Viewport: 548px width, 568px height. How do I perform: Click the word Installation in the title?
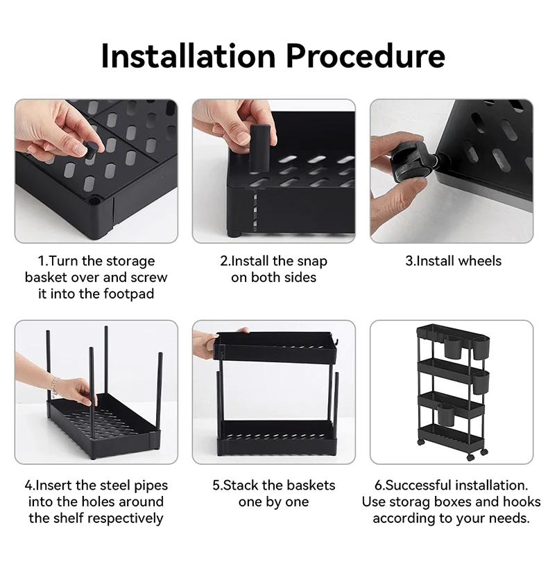[188, 56]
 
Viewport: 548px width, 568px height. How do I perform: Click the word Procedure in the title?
[366, 56]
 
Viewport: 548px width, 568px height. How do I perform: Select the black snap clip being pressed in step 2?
[259, 148]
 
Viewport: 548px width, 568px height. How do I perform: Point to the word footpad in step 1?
[129, 294]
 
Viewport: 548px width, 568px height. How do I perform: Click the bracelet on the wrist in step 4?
[55, 386]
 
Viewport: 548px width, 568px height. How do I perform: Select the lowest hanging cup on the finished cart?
[446, 415]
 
